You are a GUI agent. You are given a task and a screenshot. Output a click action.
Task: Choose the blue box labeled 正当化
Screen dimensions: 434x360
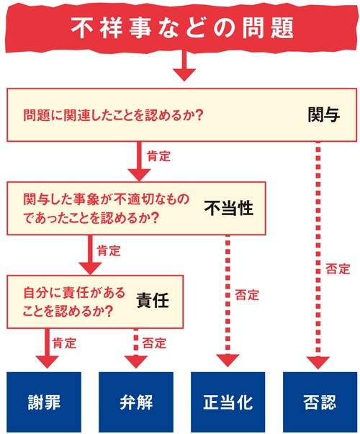point(226,402)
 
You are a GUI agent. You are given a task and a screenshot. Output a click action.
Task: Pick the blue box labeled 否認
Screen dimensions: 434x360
point(318,402)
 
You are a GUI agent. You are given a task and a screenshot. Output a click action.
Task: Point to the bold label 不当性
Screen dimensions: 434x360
point(228,208)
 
